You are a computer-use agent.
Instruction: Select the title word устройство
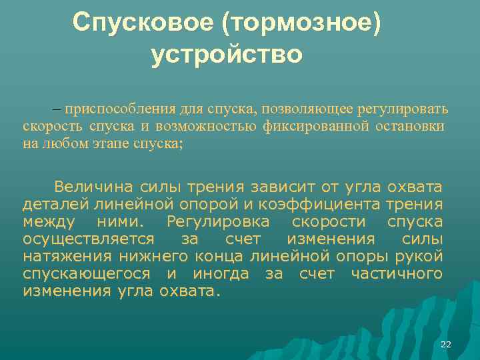tap(227, 54)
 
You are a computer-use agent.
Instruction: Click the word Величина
tap(93, 185)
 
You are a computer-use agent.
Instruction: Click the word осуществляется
tap(89, 239)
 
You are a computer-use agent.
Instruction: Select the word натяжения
tap(68, 256)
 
